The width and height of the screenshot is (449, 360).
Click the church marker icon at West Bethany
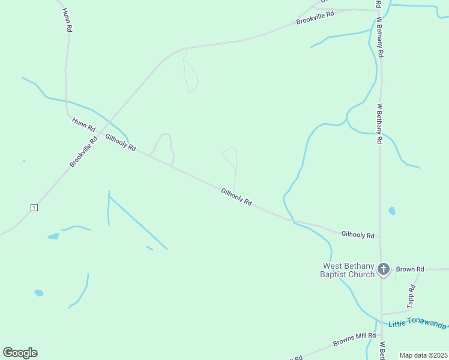pos(384,269)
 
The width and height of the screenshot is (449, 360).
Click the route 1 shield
pos(34,208)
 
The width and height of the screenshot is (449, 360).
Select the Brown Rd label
pos(410,269)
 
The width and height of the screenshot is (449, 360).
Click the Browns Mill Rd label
pos(354,340)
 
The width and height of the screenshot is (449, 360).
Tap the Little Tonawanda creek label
pos(417,324)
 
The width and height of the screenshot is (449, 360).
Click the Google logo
pos(20,353)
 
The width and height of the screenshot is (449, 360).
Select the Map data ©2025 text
pos(423,355)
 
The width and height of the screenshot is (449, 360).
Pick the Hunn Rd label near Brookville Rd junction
pos(83,124)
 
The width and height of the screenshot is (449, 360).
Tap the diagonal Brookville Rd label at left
pos(83,152)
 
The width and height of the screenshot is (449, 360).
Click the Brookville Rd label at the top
pos(315,17)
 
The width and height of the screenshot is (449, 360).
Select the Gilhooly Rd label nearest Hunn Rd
pos(121,142)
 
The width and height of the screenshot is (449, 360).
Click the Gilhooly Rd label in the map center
pos(236,197)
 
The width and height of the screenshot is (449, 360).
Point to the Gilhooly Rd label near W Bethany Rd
pos(357,235)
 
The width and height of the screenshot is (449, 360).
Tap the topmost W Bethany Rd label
pos(380,37)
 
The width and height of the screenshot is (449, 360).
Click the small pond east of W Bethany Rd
pos(392,211)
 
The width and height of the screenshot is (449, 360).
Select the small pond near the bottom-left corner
pos(39,293)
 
